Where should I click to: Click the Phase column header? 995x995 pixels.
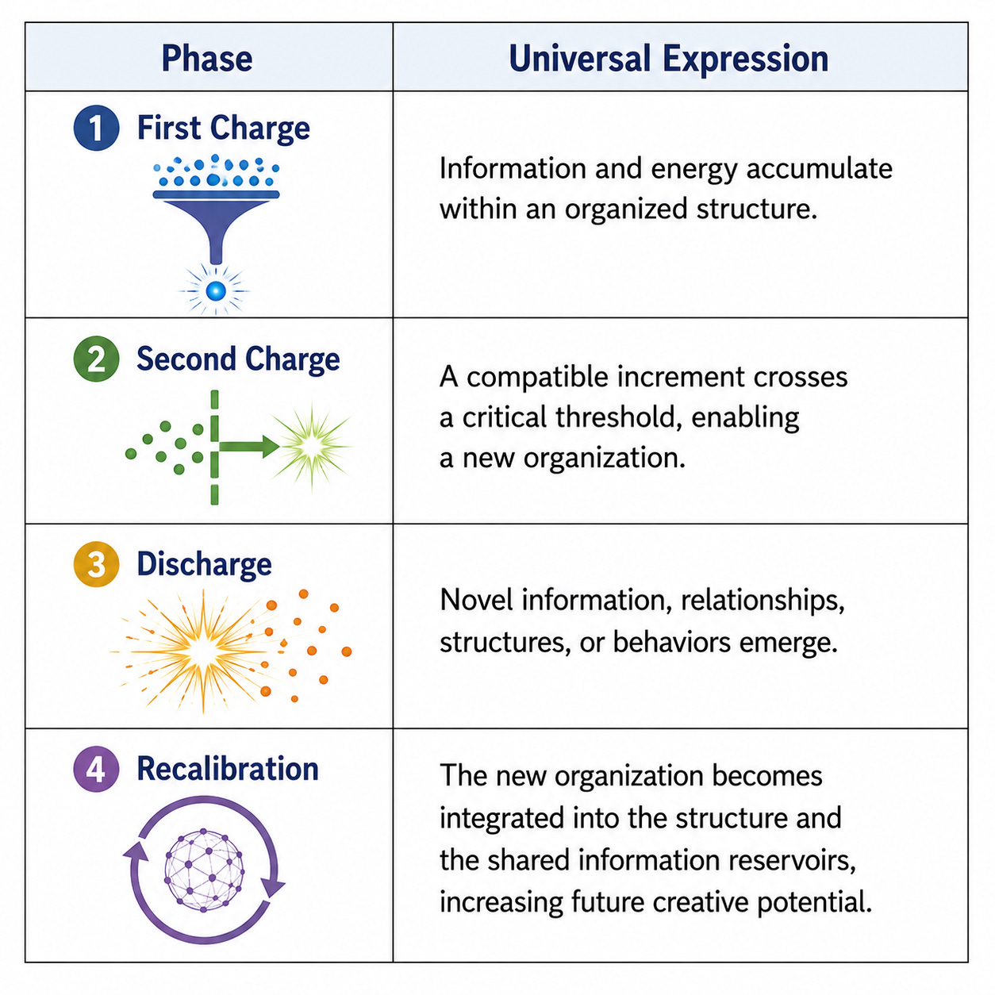[207, 58]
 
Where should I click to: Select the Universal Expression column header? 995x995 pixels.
[669, 59]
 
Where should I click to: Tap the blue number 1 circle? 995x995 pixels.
[97, 128]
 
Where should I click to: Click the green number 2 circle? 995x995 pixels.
[97, 359]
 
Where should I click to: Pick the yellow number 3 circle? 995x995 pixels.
[97, 564]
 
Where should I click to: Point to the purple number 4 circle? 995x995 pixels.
[97, 770]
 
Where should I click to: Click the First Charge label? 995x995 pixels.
[224, 128]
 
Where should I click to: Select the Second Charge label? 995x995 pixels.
[238, 359]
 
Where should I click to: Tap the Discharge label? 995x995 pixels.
[204, 564]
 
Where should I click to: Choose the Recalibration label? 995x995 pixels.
[228, 769]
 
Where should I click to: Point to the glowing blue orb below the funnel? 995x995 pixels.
[216, 290]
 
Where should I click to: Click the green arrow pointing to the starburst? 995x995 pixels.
[249, 447]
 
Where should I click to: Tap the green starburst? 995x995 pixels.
[312, 446]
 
